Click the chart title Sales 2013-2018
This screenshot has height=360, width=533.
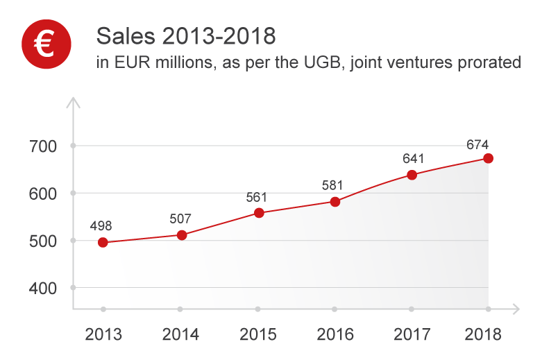pyautogui.click(x=185, y=35)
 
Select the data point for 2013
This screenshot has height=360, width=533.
pyautogui.click(x=103, y=242)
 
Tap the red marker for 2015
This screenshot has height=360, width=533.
pyautogui.click(x=259, y=213)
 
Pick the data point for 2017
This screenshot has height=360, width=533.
pyautogui.click(x=412, y=175)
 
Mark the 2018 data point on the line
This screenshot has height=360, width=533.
pyautogui.click(x=489, y=158)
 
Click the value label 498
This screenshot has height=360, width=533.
pyautogui.click(x=101, y=225)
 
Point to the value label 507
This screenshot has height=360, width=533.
pyautogui.click(x=180, y=219)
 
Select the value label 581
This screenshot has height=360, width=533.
pyautogui.click(x=333, y=186)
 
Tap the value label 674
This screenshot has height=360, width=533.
pyautogui.click(x=477, y=145)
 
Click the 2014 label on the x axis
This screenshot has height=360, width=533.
pyautogui.click(x=180, y=334)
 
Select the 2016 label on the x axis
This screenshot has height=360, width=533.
pyautogui.click(x=335, y=334)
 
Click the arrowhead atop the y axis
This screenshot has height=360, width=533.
pyautogui.click(x=73, y=103)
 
